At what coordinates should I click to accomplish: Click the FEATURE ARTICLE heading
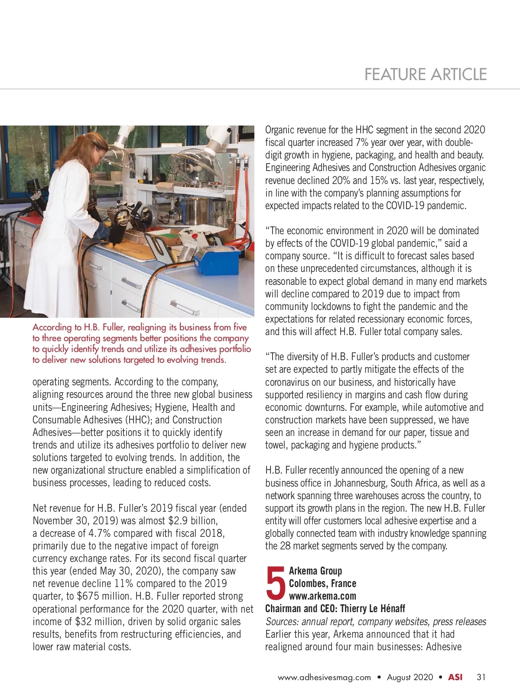coord(425,74)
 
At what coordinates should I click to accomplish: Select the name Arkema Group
coord(315,571)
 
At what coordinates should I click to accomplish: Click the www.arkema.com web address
coord(322,596)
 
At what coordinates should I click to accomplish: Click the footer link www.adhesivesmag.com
coord(324,677)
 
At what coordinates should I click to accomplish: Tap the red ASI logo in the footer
coord(455,677)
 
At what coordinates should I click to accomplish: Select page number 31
coord(481,677)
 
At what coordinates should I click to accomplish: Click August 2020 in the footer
coord(410,677)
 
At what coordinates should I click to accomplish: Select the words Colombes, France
coord(322,583)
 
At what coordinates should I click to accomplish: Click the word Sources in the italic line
coord(282,621)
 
